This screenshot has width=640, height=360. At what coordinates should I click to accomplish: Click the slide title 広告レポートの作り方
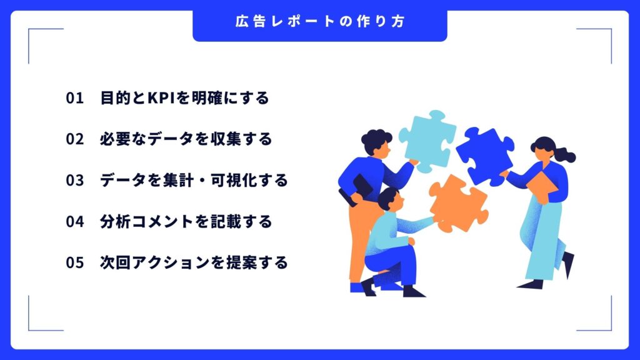[319, 21]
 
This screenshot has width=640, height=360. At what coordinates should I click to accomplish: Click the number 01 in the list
[74, 98]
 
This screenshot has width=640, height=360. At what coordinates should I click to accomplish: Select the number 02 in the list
[74, 139]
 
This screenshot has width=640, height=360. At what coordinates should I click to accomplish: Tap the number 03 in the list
[74, 181]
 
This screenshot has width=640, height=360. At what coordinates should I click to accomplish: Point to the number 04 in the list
[74, 222]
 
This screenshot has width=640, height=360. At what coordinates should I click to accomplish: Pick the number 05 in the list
[74, 263]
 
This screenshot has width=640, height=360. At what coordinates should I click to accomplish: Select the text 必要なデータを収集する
[186, 139]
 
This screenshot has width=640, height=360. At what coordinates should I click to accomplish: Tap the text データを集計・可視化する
[194, 181]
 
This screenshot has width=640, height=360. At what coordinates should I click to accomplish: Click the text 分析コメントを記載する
[186, 222]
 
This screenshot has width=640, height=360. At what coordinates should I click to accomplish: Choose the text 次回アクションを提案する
[194, 263]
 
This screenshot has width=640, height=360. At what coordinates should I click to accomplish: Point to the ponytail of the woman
[565, 154]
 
